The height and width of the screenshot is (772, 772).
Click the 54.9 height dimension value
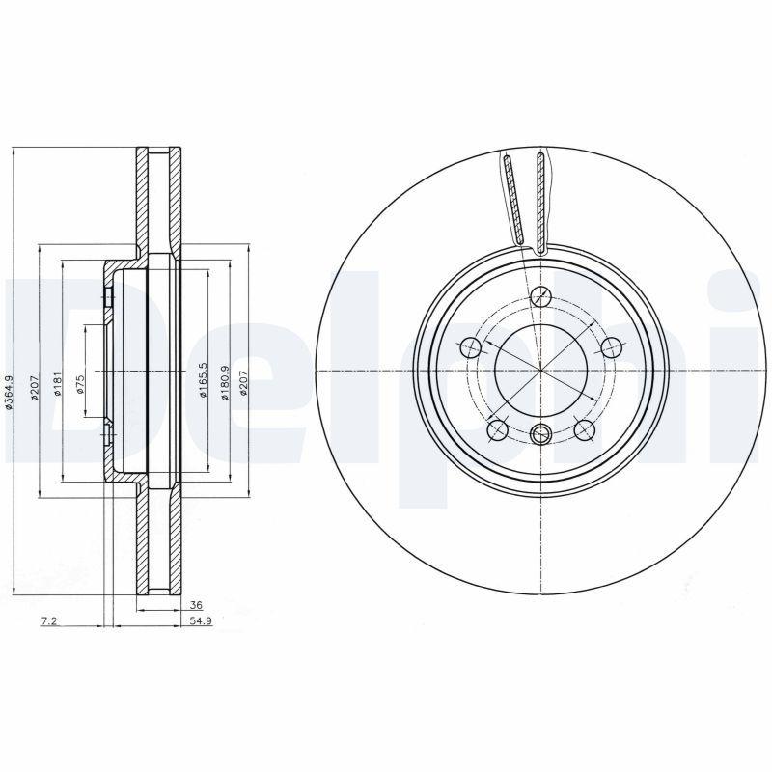[x=200, y=624]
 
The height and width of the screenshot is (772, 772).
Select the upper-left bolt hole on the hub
[x=472, y=346]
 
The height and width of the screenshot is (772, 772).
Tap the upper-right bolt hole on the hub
[x=610, y=346]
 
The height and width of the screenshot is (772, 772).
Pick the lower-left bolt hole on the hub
[x=498, y=428]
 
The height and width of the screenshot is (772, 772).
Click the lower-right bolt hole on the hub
[x=583, y=428]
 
